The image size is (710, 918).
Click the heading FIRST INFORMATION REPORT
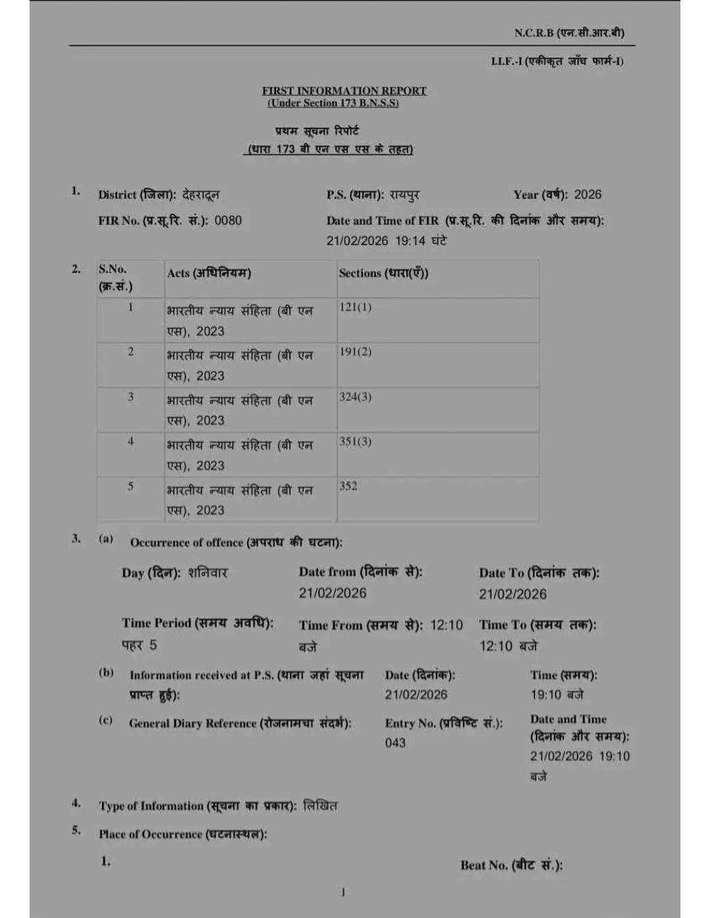click(x=344, y=91)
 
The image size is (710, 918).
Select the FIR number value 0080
click(x=228, y=220)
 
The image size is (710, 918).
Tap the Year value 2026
click(x=588, y=194)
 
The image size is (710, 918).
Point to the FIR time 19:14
click(x=410, y=241)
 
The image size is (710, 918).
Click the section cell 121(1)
click(x=355, y=307)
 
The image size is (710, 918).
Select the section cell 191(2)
click(x=355, y=352)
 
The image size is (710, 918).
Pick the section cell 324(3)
click(x=355, y=397)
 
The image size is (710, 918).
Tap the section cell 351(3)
click(x=355, y=441)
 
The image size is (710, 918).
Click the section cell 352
click(x=348, y=486)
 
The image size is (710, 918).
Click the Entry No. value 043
click(x=395, y=743)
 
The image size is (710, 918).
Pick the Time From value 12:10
click(x=446, y=625)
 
